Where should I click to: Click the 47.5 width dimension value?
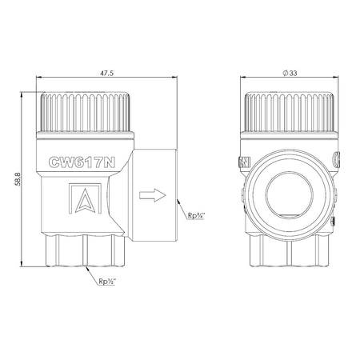click(106, 73)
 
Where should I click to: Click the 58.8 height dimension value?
click(18, 178)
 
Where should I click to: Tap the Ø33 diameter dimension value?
click(290, 73)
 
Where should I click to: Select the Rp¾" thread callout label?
click(196, 215)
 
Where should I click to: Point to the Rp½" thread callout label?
click(107, 282)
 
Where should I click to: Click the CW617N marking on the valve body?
click(82, 162)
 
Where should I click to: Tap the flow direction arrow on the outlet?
click(153, 195)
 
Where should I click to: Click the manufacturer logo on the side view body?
click(85, 198)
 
